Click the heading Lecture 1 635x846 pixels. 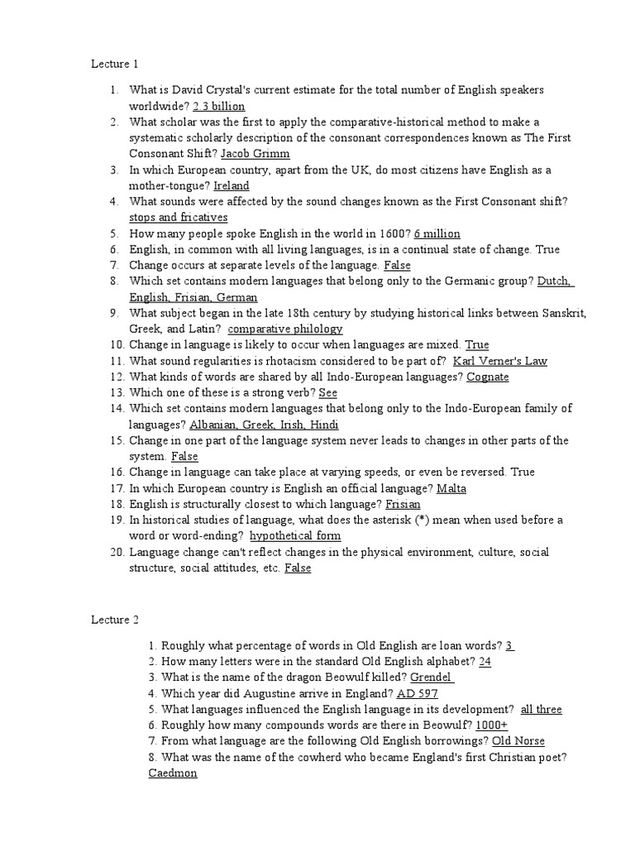pos(114,64)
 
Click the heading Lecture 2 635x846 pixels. pos(114,620)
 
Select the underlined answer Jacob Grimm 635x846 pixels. pos(255,154)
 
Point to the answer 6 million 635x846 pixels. pos(437,234)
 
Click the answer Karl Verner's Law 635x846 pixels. pos(500,361)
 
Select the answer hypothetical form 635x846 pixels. pos(294,535)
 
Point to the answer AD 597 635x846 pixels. pos(417,694)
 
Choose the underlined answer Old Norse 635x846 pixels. pos(518,741)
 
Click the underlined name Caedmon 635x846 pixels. pos(173,773)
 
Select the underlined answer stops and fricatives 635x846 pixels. pos(178,217)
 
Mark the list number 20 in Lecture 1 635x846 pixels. pos(116,552)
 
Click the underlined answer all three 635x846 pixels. pos(542,710)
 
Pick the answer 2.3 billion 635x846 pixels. pos(218,107)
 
